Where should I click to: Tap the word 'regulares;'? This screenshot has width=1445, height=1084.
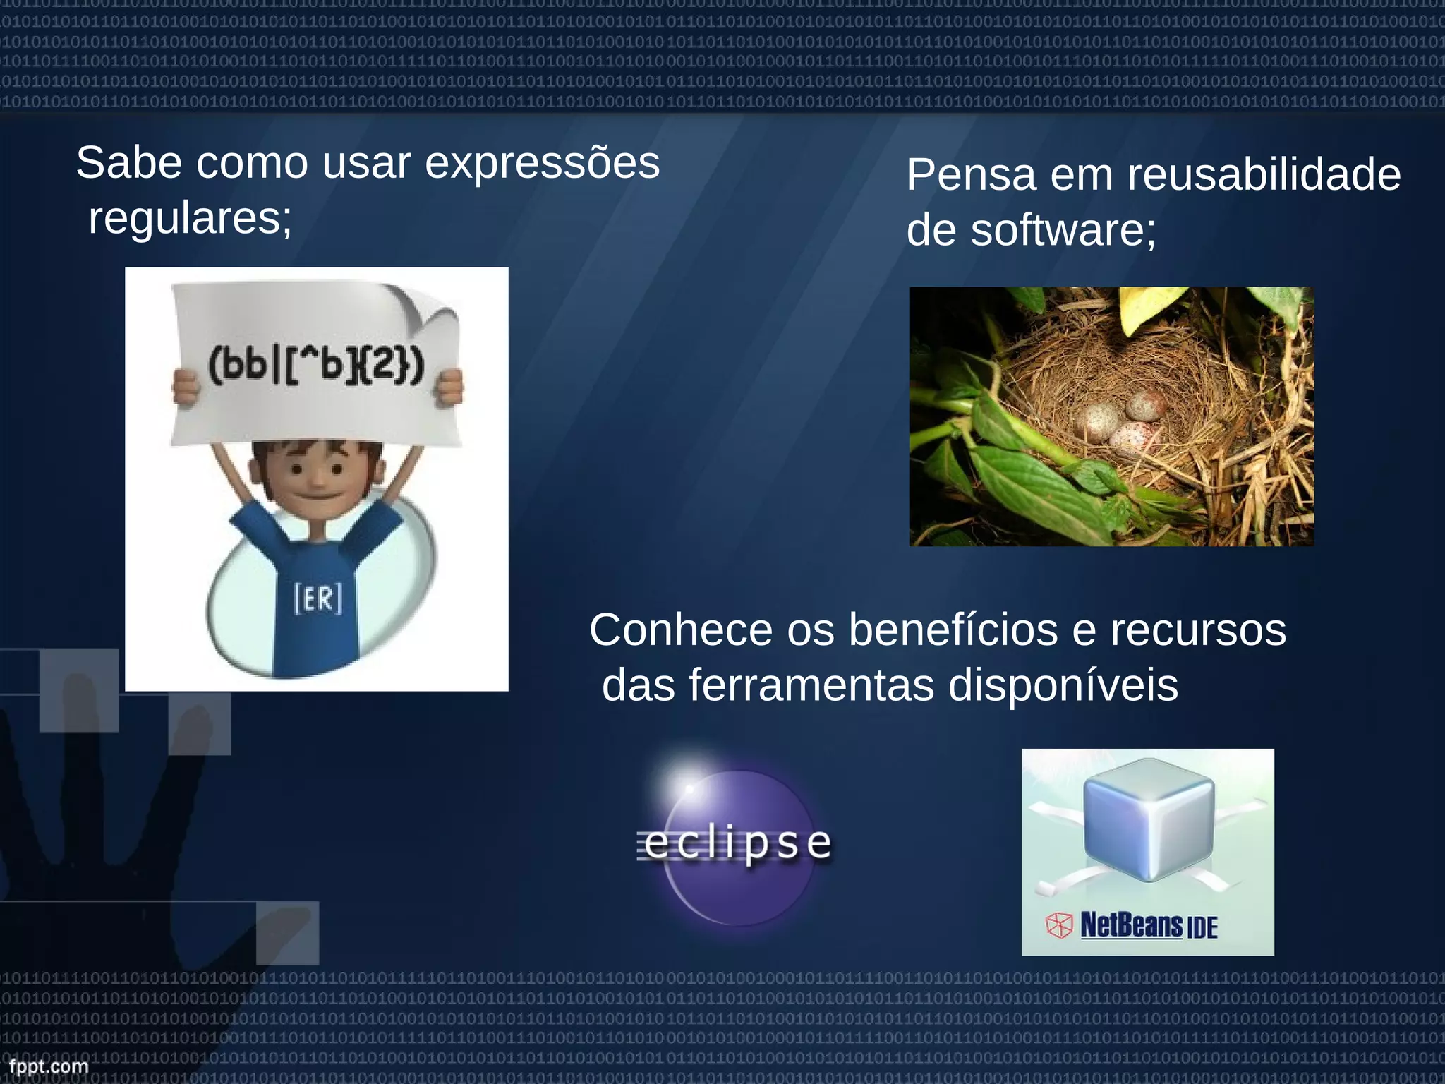(190, 219)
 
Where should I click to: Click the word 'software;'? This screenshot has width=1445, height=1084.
(1063, 230)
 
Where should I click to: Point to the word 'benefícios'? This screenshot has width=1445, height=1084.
(953, 630)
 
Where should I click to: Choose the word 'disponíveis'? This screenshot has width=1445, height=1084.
(1063, 685)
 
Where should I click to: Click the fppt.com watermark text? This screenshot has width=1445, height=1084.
(48, 1066)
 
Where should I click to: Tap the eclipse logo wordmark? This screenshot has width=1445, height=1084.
(737, 844)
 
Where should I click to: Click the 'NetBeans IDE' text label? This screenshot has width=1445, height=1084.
(1149, 925)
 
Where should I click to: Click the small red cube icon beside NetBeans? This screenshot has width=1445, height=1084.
(1058, 926)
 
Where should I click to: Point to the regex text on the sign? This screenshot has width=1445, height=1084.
(315, 366)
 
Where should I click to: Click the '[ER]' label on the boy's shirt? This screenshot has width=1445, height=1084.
(318, 599)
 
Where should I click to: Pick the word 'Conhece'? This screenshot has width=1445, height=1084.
(681, 630)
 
